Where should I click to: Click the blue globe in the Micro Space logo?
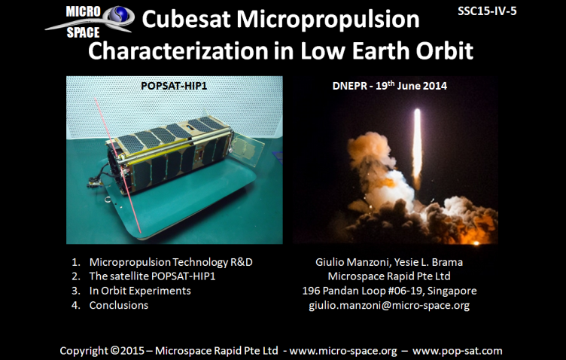[x=120, y=14]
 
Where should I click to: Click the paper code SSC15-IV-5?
[x=487, y=11]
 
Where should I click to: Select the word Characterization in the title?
[x=178, y=50]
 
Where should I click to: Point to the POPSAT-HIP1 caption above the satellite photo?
[x=174, y=86]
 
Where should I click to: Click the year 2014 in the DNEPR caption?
[x=435, y=86]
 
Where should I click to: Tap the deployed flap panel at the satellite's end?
[x=247, y=148]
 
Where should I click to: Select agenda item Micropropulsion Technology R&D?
[x=171, y=262]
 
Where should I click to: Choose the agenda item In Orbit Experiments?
[x=140, y=291]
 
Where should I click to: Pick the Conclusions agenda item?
[x=119, y=306]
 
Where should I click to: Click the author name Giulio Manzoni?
[x=353, y=262]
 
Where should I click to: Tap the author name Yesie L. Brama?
[x=428, y=262]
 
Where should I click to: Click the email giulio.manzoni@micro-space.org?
[x=389, y=306]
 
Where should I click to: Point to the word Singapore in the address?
[x=452, y=291]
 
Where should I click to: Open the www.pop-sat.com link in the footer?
[x=458, y=351]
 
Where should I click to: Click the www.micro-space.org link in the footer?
[x=343, y=351]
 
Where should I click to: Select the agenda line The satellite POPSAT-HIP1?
[x=152, y=276]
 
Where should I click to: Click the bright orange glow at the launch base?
[x=476, y=243]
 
